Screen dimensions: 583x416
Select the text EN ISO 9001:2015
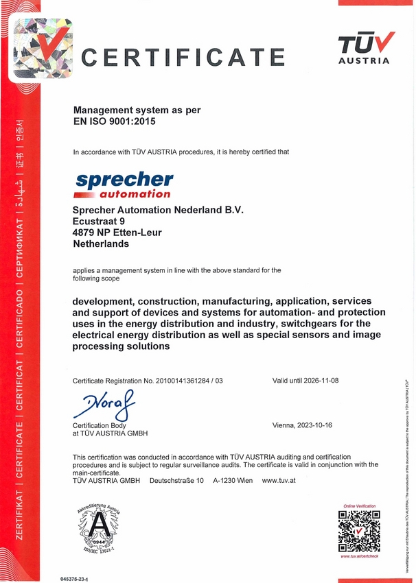[x=115, y=122]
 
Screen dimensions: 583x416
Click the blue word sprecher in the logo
[x=124, y=180]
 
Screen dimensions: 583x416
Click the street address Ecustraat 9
[x=99, y=221]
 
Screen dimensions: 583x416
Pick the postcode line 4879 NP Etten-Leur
[x=117, y=233]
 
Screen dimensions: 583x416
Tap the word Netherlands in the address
[x=100, y=243]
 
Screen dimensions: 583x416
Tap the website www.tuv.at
[x=279, y=480]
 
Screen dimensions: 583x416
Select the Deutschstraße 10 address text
[x=177, y=480]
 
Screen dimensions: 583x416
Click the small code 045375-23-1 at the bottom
[x=79, y=579]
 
